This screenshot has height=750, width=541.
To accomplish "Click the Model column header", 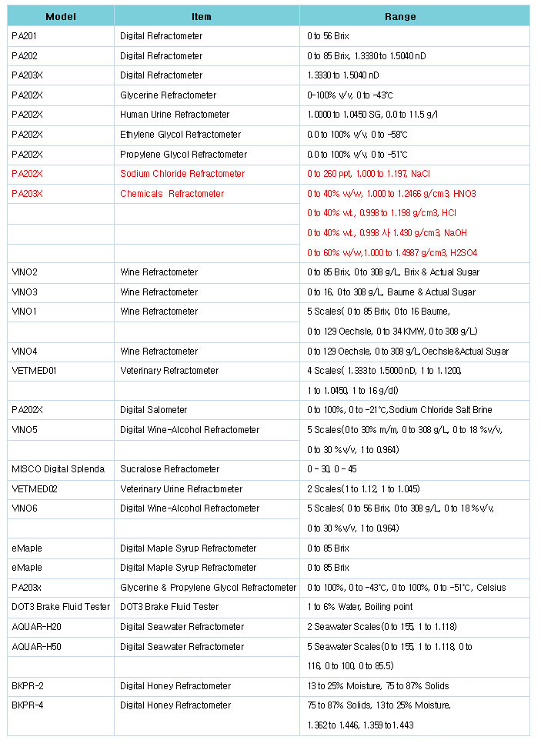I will (x=61, y=16).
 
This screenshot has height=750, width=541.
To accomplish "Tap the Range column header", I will (x=400, y=16).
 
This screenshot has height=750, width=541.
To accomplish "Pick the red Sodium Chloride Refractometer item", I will (x=182, y=174).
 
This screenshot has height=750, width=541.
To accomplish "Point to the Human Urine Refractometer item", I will (x=175, y=115).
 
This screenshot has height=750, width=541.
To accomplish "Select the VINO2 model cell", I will (x=25, y=272).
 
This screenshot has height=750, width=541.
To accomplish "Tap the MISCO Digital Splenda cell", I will (x=58, y=469).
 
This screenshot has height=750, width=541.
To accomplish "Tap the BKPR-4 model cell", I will (x=28, y=705).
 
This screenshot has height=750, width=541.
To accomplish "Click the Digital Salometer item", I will (x=154, y=410).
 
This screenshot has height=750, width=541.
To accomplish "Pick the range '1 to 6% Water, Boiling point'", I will (x=360, y=607).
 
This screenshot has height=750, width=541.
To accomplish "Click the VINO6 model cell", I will (x=25, y=508).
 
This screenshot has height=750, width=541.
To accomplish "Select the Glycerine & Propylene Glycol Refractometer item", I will (x=208, y=588).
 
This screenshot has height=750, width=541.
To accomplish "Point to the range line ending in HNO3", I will (x=392, y=194).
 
